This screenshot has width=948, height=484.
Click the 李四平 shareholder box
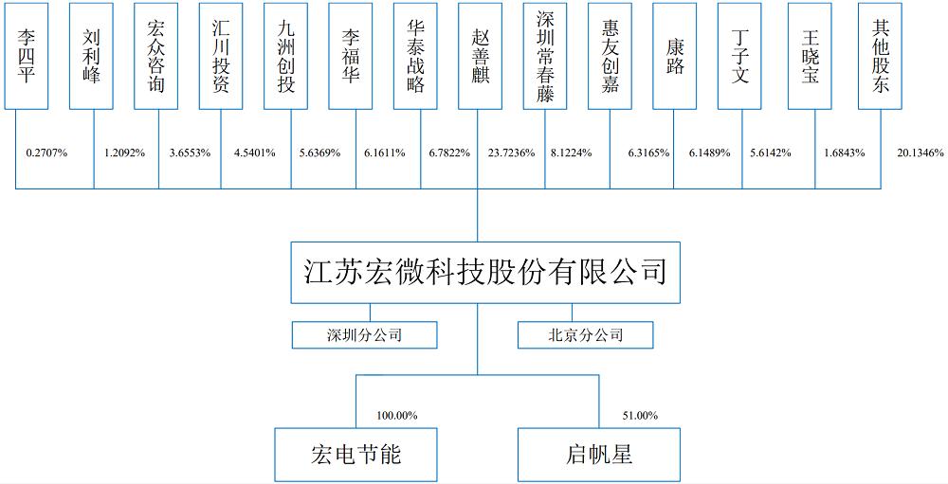[26, 56]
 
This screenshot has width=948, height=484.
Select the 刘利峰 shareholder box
[91, 56]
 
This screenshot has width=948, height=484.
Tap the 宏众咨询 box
[156, 56]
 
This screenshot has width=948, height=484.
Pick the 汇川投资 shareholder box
[221, 56]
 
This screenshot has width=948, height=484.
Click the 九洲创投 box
[286, 56]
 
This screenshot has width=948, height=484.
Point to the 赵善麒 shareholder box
[480, 56]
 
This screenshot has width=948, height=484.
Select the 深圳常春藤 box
[545, 56]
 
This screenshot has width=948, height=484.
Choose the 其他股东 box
[881, 56]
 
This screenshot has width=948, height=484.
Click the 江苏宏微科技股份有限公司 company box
[485, 273]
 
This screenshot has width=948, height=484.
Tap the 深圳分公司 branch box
[365, 334]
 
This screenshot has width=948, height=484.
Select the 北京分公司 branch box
[585, 334]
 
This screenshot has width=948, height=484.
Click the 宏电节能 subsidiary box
[356, 455]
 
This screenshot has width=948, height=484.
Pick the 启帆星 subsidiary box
[599, 455]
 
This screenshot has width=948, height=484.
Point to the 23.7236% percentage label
[512, 153]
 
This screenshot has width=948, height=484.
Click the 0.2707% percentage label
[46, 153]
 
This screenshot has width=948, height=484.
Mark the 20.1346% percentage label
[921, 153]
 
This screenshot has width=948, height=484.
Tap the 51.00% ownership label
[640, 416]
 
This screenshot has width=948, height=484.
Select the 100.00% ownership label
[397, 416]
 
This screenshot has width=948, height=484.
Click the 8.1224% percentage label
[571, 153]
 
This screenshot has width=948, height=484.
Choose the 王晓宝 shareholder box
[811, 56]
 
